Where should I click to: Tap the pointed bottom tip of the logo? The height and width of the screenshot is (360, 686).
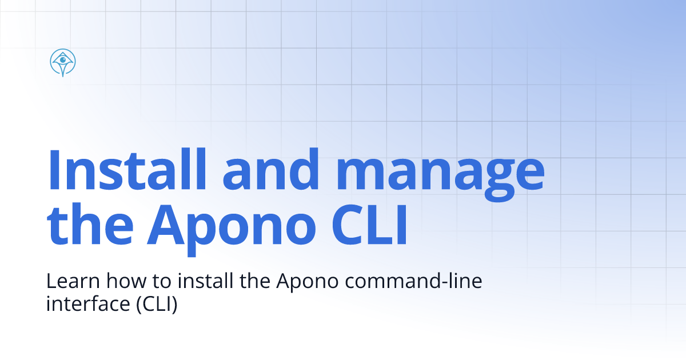tap(63, 76)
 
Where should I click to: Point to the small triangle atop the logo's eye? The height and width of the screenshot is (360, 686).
tap(63, 54)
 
